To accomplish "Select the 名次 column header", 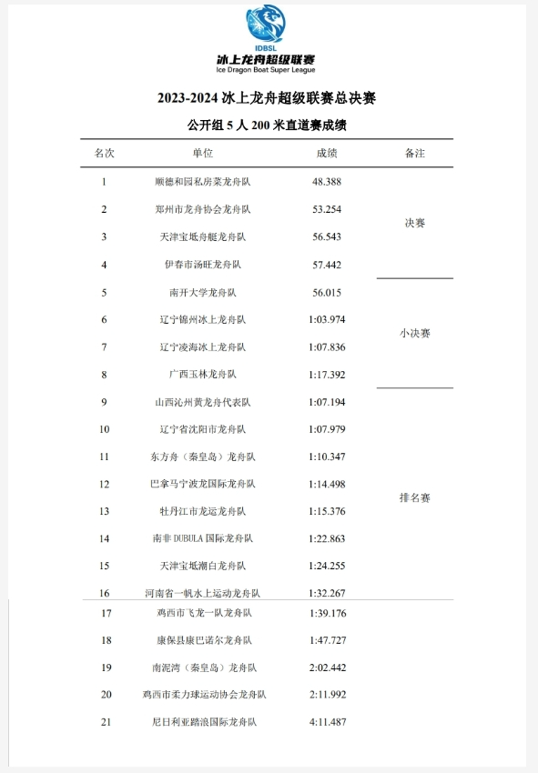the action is (x=105, y=153).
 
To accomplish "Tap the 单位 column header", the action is (x=202, y=153).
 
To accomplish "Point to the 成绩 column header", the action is (x=326, y=153).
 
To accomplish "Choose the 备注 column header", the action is (x=414, y=153).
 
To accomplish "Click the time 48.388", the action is (x=326, y=182).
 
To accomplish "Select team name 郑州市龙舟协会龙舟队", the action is (x=202, y=209).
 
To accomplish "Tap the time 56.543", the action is (x=326, y=236).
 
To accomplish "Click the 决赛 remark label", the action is (x=414, y=223).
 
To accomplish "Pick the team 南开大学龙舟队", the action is (x=202, y=292).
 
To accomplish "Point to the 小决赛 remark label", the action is (x=414, y=333).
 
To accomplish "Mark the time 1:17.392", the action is (x=326, y=374).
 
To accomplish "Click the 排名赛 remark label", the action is (x=414, y=497).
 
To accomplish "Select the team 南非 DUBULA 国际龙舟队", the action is (x=202, y=538).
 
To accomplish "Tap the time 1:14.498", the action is (x=326, y=484).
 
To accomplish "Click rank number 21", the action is (x=106, y=722).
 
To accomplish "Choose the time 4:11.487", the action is (x=326, y=722).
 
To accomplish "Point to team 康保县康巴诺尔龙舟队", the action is (x=202, y=640).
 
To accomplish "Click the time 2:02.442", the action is (x=326, y=668).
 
